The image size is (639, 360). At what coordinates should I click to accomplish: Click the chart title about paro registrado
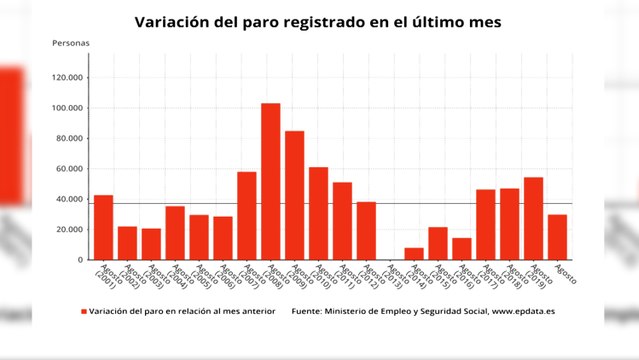click(319, 21)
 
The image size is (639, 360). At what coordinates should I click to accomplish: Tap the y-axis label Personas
click(70, 44)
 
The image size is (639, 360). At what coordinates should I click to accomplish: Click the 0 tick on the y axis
click(80, 260)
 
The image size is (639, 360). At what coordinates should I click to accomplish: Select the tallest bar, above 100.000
click(270, 181)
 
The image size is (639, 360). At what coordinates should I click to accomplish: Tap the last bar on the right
click(557, 237)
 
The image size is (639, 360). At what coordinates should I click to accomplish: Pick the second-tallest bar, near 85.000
click(294, 195)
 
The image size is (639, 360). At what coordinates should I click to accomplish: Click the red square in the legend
click(85, 312)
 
